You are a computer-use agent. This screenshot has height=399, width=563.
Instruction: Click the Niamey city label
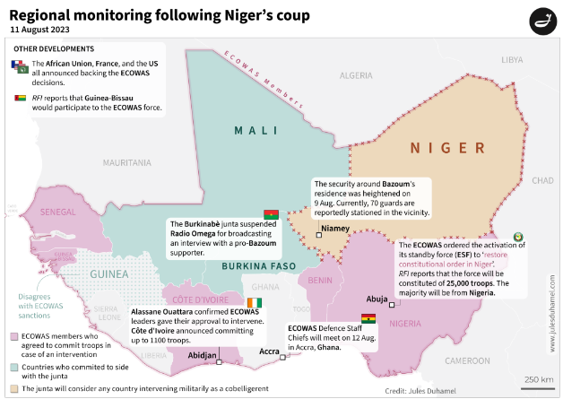point(335,229)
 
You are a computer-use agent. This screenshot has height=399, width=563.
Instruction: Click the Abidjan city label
point(202,355)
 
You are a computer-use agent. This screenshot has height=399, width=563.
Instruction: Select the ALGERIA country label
point(355,75)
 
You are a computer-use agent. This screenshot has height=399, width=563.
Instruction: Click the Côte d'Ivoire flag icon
point(256,303)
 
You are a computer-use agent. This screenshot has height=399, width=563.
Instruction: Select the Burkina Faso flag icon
point(271,214)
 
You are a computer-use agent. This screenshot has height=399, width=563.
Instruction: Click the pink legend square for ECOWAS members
point(14,337)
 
